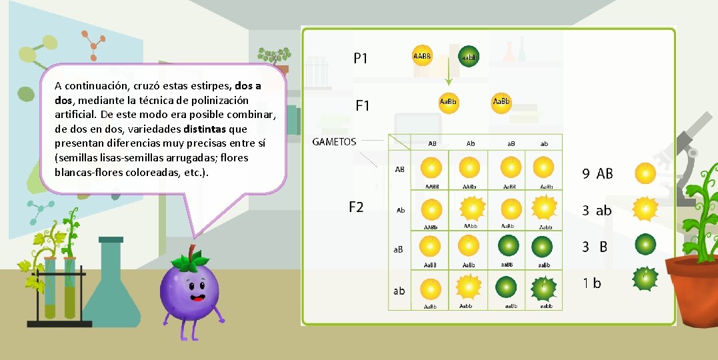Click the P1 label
point(360,59)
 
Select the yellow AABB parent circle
point(422,55)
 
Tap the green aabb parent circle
point(468,57)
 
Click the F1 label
point(362,106)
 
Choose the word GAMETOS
point(334,141)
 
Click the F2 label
point(356,207)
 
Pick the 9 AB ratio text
point(597,174)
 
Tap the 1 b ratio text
point(591,283)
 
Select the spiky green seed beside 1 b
point(645,280)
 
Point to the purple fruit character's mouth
point(197,297)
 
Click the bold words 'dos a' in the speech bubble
point(248,86)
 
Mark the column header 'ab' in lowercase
point(544,143)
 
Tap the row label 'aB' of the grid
point(397,249)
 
